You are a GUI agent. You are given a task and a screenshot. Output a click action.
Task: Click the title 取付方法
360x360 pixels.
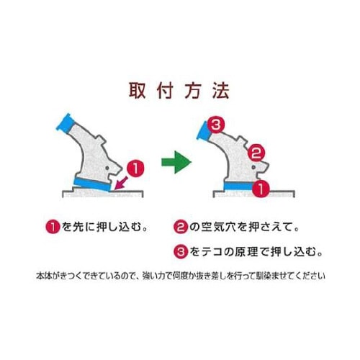click(x=179, y=91)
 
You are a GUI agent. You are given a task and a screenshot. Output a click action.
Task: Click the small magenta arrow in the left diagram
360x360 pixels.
click(x=121, y=181)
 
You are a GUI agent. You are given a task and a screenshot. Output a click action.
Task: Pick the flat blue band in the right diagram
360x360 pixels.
click(x=238, y=187)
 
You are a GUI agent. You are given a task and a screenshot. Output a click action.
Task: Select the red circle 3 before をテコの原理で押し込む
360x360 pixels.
click(x=181, y=252)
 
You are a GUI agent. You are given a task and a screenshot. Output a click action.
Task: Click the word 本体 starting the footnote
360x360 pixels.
click(x=42, y=276)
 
